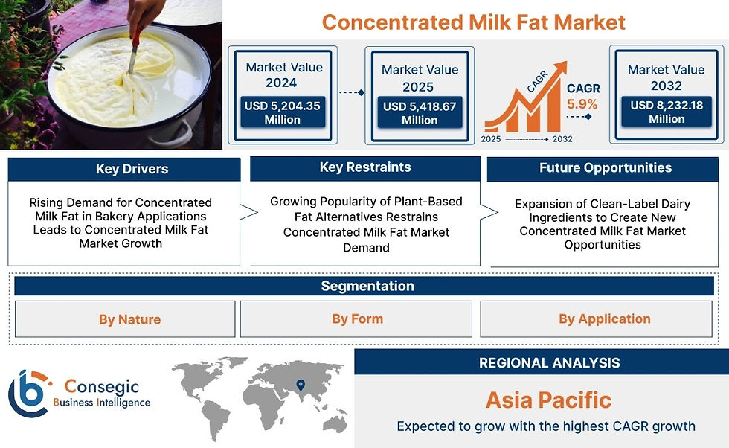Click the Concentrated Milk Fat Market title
click(473, 22)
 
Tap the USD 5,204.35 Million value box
click(282, 112)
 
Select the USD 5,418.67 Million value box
click(420, 112)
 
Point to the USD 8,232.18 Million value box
click(667, 112)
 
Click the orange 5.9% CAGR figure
click(582, 104)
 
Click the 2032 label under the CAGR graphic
click(562, 139)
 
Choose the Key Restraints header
click(365, 168)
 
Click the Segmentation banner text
click(367, 286)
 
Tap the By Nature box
click(125, 319)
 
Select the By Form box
click(356, 319)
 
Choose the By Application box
click(596, 319)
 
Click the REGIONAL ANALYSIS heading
click(550, 363)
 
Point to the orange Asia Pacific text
click(549, 400)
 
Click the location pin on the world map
click(301, 385)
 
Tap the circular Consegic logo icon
click(29, 394)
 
